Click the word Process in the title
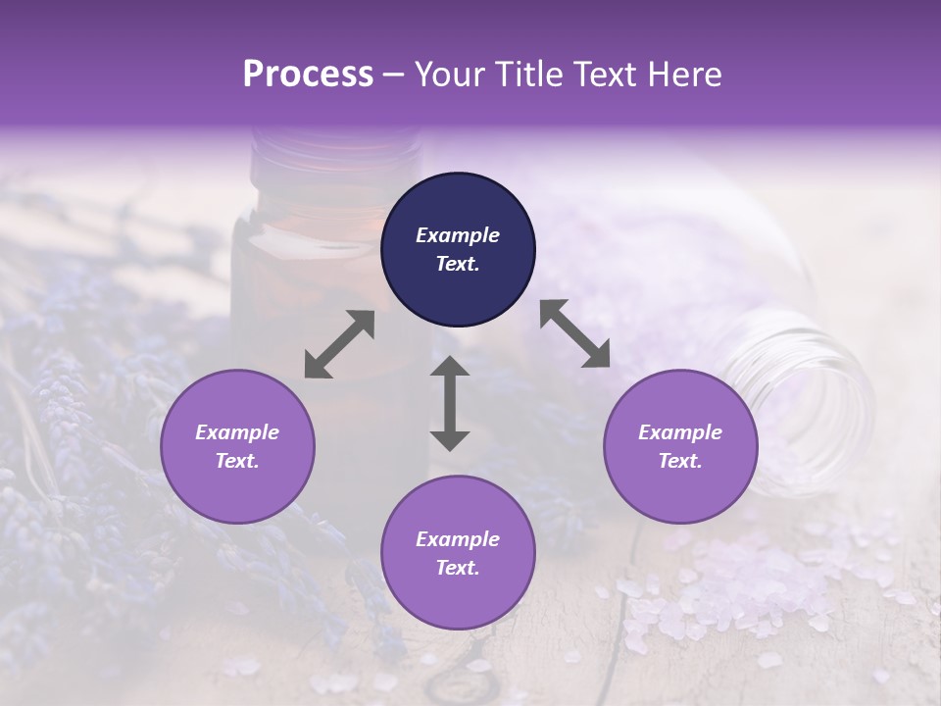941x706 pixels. pos(308,75)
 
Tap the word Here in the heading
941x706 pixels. pos(684,75)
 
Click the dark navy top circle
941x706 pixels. pos(458,250)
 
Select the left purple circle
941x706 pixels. pos(237,446)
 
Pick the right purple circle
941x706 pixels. pos(679,446)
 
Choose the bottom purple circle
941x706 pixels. pos(458,553)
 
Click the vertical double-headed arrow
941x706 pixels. pos(450,403)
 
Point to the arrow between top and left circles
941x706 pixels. pos(339,344)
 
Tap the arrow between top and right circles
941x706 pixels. pos(574,333)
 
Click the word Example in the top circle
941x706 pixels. pos(458,235)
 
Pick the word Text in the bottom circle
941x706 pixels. pos(458,568)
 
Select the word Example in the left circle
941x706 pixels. pos(237,432)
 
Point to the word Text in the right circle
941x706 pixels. pos(679,461)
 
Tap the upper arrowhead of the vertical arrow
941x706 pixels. pos(450,368)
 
